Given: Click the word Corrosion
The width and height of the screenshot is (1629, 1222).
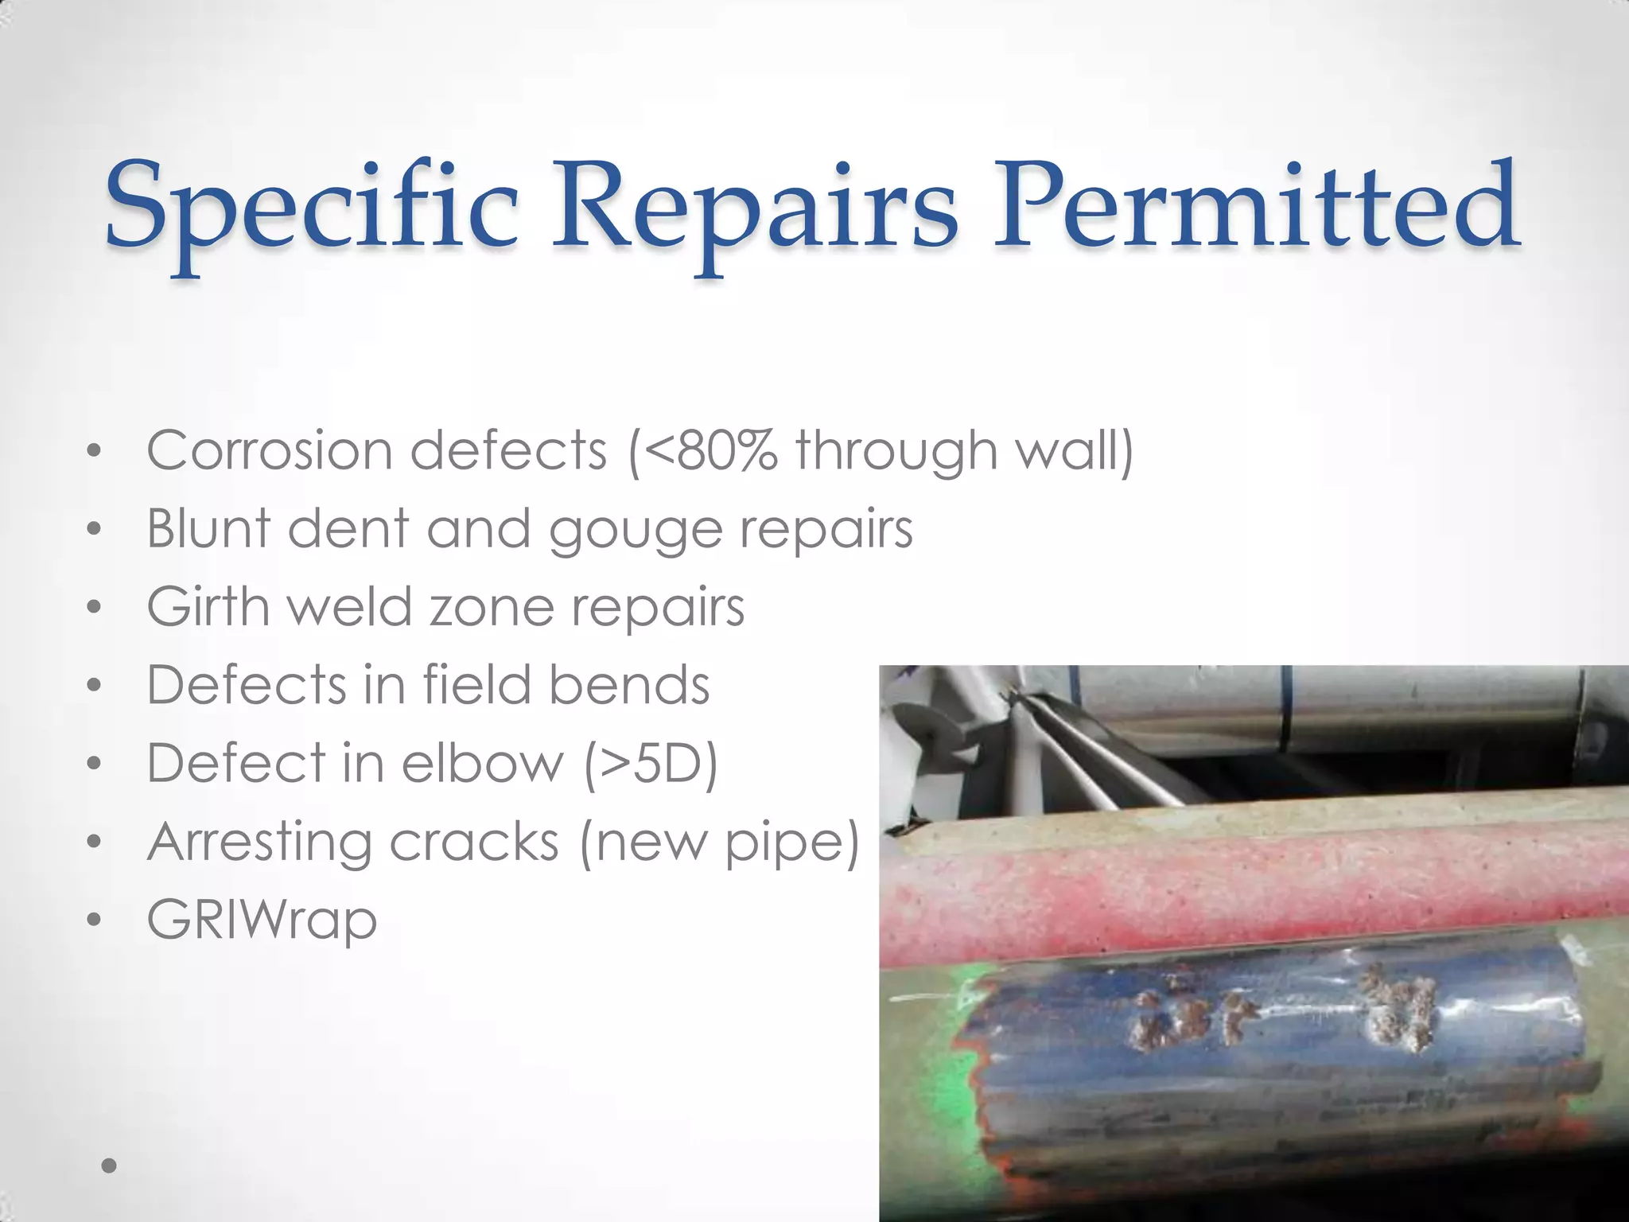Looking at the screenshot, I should coord(270,451).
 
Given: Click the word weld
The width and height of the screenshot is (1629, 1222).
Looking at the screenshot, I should coord(350,606).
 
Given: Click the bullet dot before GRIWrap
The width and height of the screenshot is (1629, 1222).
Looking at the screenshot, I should coord(95,921).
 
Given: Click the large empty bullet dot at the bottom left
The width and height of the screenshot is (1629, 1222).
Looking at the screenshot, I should coord(110,1166).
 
